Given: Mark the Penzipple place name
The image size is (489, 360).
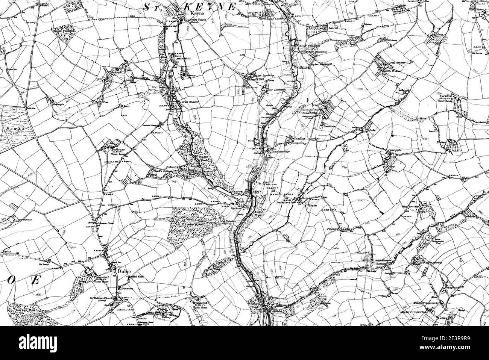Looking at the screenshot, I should (x=396, y=150).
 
